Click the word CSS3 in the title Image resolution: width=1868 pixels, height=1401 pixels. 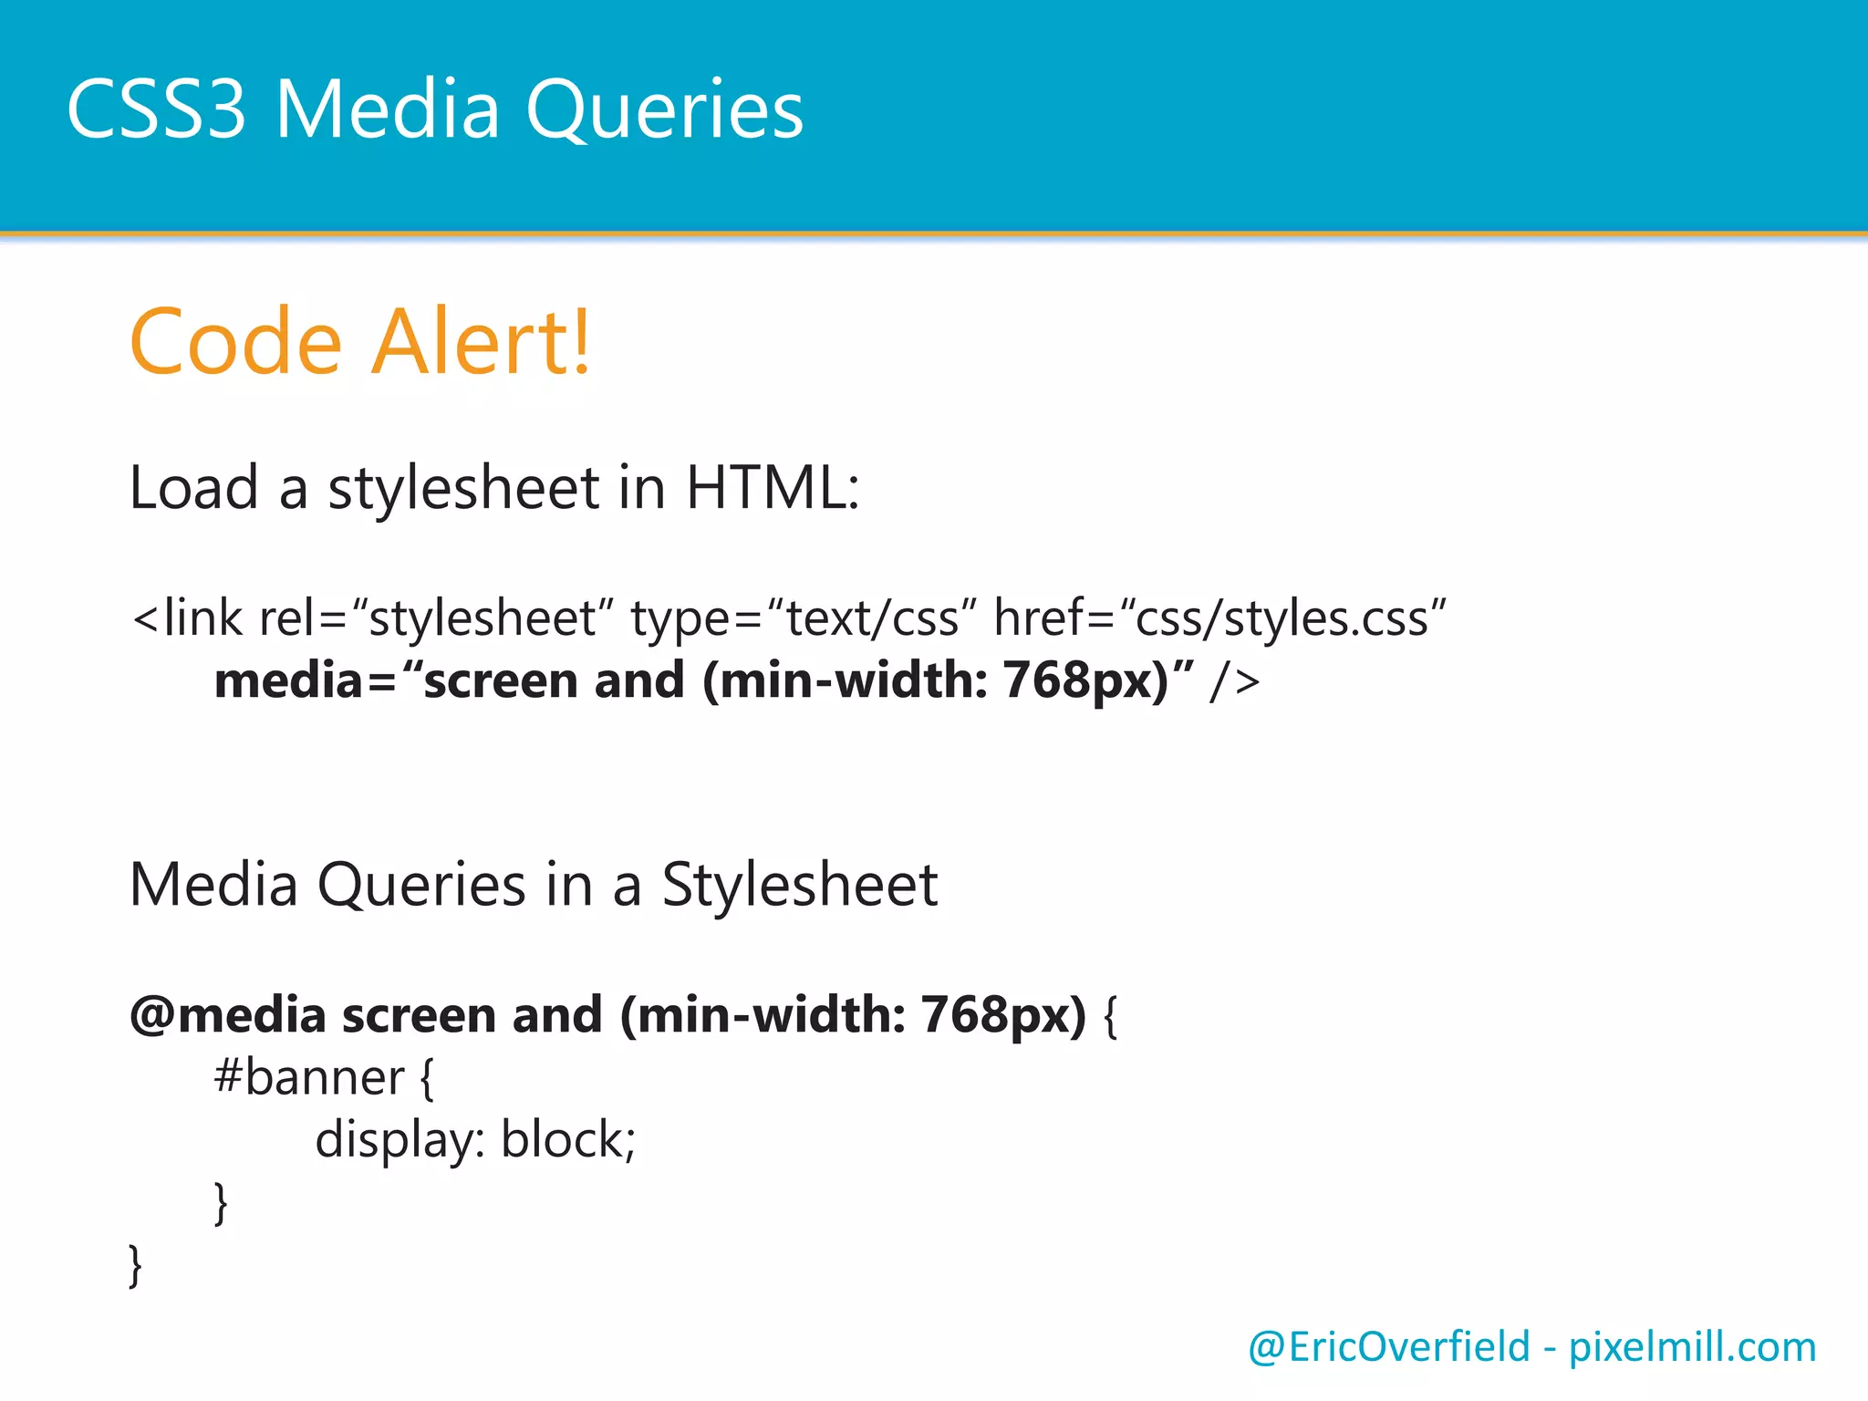pyautogui.click(x=156, y=109)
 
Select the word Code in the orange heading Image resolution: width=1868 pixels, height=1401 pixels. pyautogui.click(x=235, y=343)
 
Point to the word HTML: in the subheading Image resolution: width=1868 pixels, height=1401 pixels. pyautogui.click(x=773, y=488)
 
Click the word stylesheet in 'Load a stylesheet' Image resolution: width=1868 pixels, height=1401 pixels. pyautogui.click(x=463, y=488)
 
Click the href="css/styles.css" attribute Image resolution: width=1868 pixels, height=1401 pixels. pyautogui.click(x=1219, y=619)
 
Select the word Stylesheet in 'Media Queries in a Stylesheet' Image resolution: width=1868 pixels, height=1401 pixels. pyautogui.click(x=799, y=885)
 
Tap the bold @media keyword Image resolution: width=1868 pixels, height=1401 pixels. pyautogui.click(x=228, y=1015)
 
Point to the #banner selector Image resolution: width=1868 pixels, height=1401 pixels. pyautogui.click(x=308, y=1078)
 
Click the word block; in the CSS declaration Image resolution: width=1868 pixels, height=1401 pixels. pyautogui.click(x=568, y=1140)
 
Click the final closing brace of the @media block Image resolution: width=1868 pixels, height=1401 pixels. pyautogui.click(x=136, y=1266)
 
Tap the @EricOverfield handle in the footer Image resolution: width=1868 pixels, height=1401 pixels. pyautogui.click(x=1388, y=1347)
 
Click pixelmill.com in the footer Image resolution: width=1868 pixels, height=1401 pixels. pyautogui.click(x=1692, y=1348)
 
